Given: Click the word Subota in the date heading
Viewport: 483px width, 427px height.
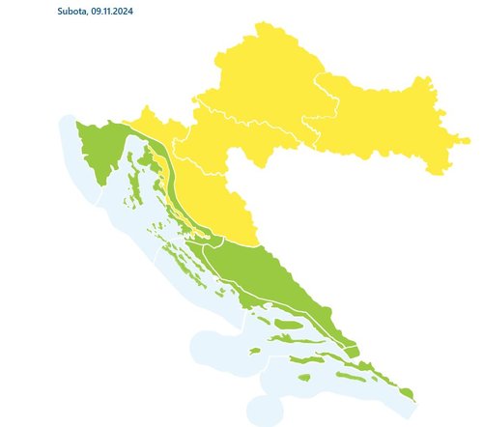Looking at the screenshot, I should pyautogui.click(x=73, y=12).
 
